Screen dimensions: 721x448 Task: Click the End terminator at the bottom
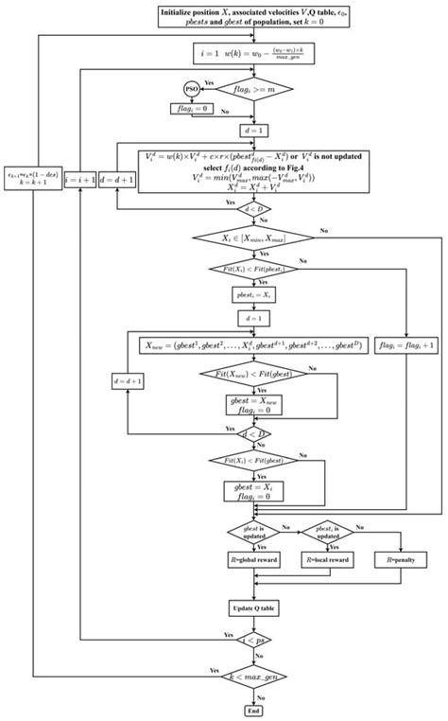251,709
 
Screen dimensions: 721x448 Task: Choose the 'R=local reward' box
327,560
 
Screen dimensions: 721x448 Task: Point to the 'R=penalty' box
407,560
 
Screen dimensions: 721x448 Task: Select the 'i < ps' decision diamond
251,637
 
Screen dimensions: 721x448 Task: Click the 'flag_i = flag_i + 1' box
407,346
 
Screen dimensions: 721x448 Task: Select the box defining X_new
251,346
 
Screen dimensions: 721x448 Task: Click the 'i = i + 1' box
81,178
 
